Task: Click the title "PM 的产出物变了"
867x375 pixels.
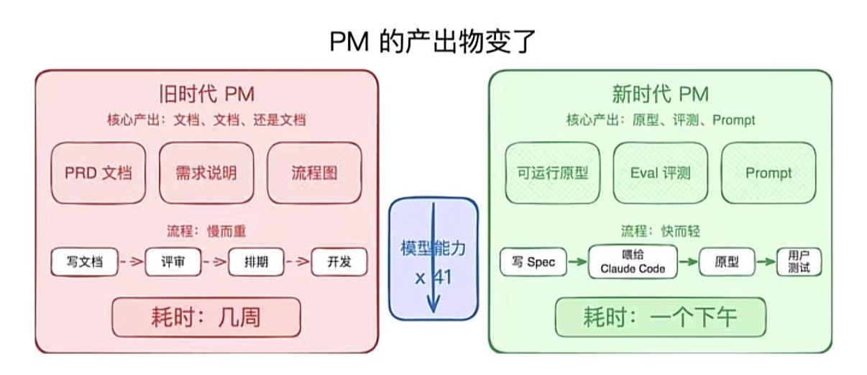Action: point(433,42)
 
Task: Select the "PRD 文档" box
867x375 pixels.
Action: point(98,173)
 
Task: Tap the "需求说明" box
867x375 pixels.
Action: point(206,173)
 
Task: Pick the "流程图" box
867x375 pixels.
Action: point(314,173)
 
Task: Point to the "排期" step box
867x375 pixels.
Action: point(257,262)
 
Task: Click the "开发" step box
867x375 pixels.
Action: point(339,262)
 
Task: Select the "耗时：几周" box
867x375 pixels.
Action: point(206,317)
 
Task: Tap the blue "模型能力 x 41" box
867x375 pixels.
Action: point(433,258)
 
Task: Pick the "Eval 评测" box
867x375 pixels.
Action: point(661,173)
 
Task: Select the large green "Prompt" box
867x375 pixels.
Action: point(769,173)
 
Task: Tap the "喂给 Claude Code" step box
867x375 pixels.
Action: point(633,262)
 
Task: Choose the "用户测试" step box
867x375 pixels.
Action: point(799,262)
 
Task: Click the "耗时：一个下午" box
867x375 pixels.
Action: point(661,317)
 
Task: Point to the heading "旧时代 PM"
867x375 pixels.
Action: point(206,94)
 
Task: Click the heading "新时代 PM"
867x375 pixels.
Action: point(660,94)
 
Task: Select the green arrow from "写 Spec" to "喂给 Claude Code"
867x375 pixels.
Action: point(577,262)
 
